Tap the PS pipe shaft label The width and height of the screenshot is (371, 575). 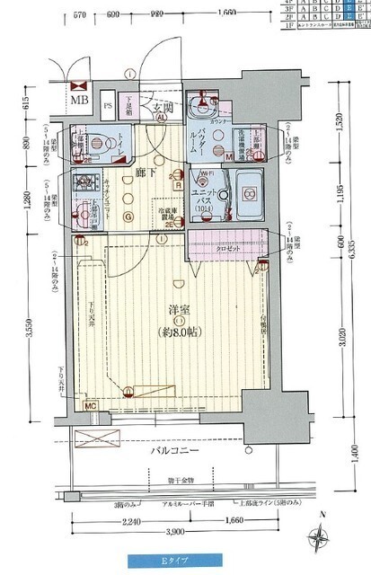(108, 105)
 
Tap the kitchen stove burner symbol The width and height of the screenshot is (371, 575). (88, 182)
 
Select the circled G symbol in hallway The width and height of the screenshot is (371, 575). (128, 215)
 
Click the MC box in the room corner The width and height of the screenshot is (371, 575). (90, 406)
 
